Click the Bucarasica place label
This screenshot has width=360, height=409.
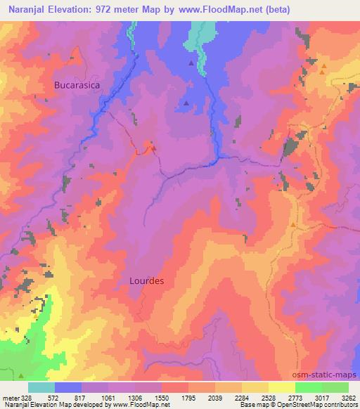pos(77,84)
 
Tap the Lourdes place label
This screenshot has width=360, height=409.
pos(147,280)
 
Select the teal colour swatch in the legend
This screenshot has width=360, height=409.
pos(41,387)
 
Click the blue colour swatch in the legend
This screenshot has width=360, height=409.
pos(68,387)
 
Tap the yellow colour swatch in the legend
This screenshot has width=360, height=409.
pos(282,387)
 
